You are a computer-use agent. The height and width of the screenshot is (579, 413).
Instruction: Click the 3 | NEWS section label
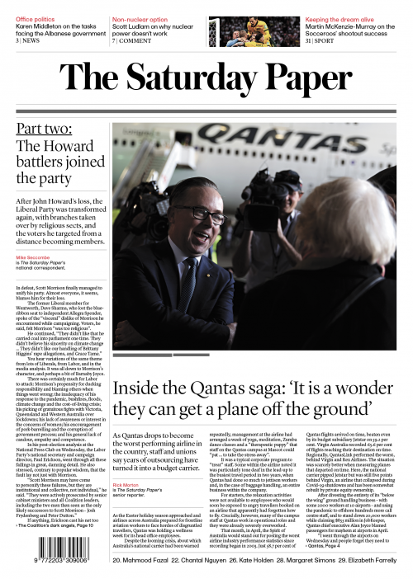[27, 40]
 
